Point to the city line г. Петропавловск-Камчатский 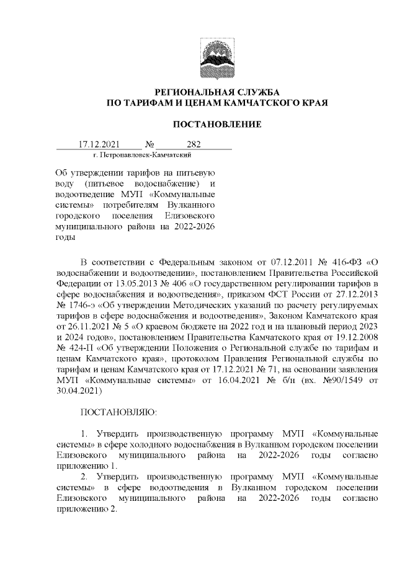(141, 154)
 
